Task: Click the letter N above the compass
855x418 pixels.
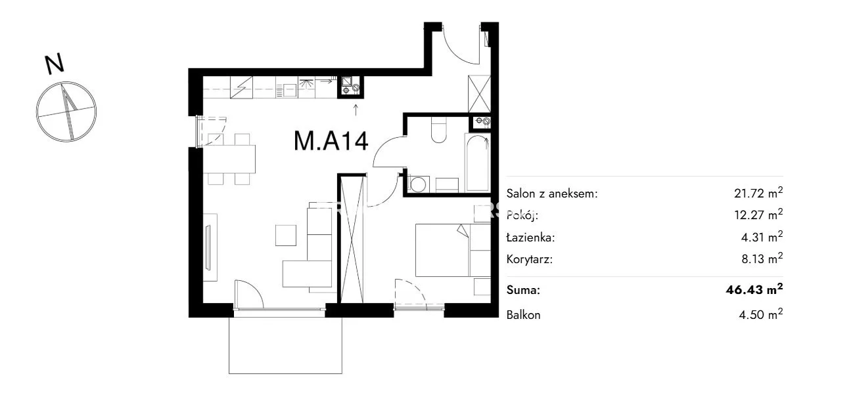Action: click(55, 64)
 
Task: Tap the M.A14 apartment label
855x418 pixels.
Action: click(331, 141)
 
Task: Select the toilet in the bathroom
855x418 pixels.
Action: click(438, 130)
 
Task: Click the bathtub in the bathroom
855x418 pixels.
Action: click(477, 162)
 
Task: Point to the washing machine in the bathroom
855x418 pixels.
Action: click(419, 184)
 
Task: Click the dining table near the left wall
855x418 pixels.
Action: click(229, 159)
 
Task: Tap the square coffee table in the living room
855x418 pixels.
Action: click(285, 235)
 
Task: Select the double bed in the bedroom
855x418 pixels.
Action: click(453, 250)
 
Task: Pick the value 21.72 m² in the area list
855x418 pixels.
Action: click(758, 192)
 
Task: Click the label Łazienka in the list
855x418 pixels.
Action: click(530, 238)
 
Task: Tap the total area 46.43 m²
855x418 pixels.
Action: click(754, 289)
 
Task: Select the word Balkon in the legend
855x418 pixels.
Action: click(523, 315)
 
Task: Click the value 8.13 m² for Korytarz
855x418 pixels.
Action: click(762, 259)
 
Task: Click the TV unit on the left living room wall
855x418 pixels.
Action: click(210, 247)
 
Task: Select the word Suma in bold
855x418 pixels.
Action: click(523, 290)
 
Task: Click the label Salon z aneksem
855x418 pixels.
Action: click(552, 194)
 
